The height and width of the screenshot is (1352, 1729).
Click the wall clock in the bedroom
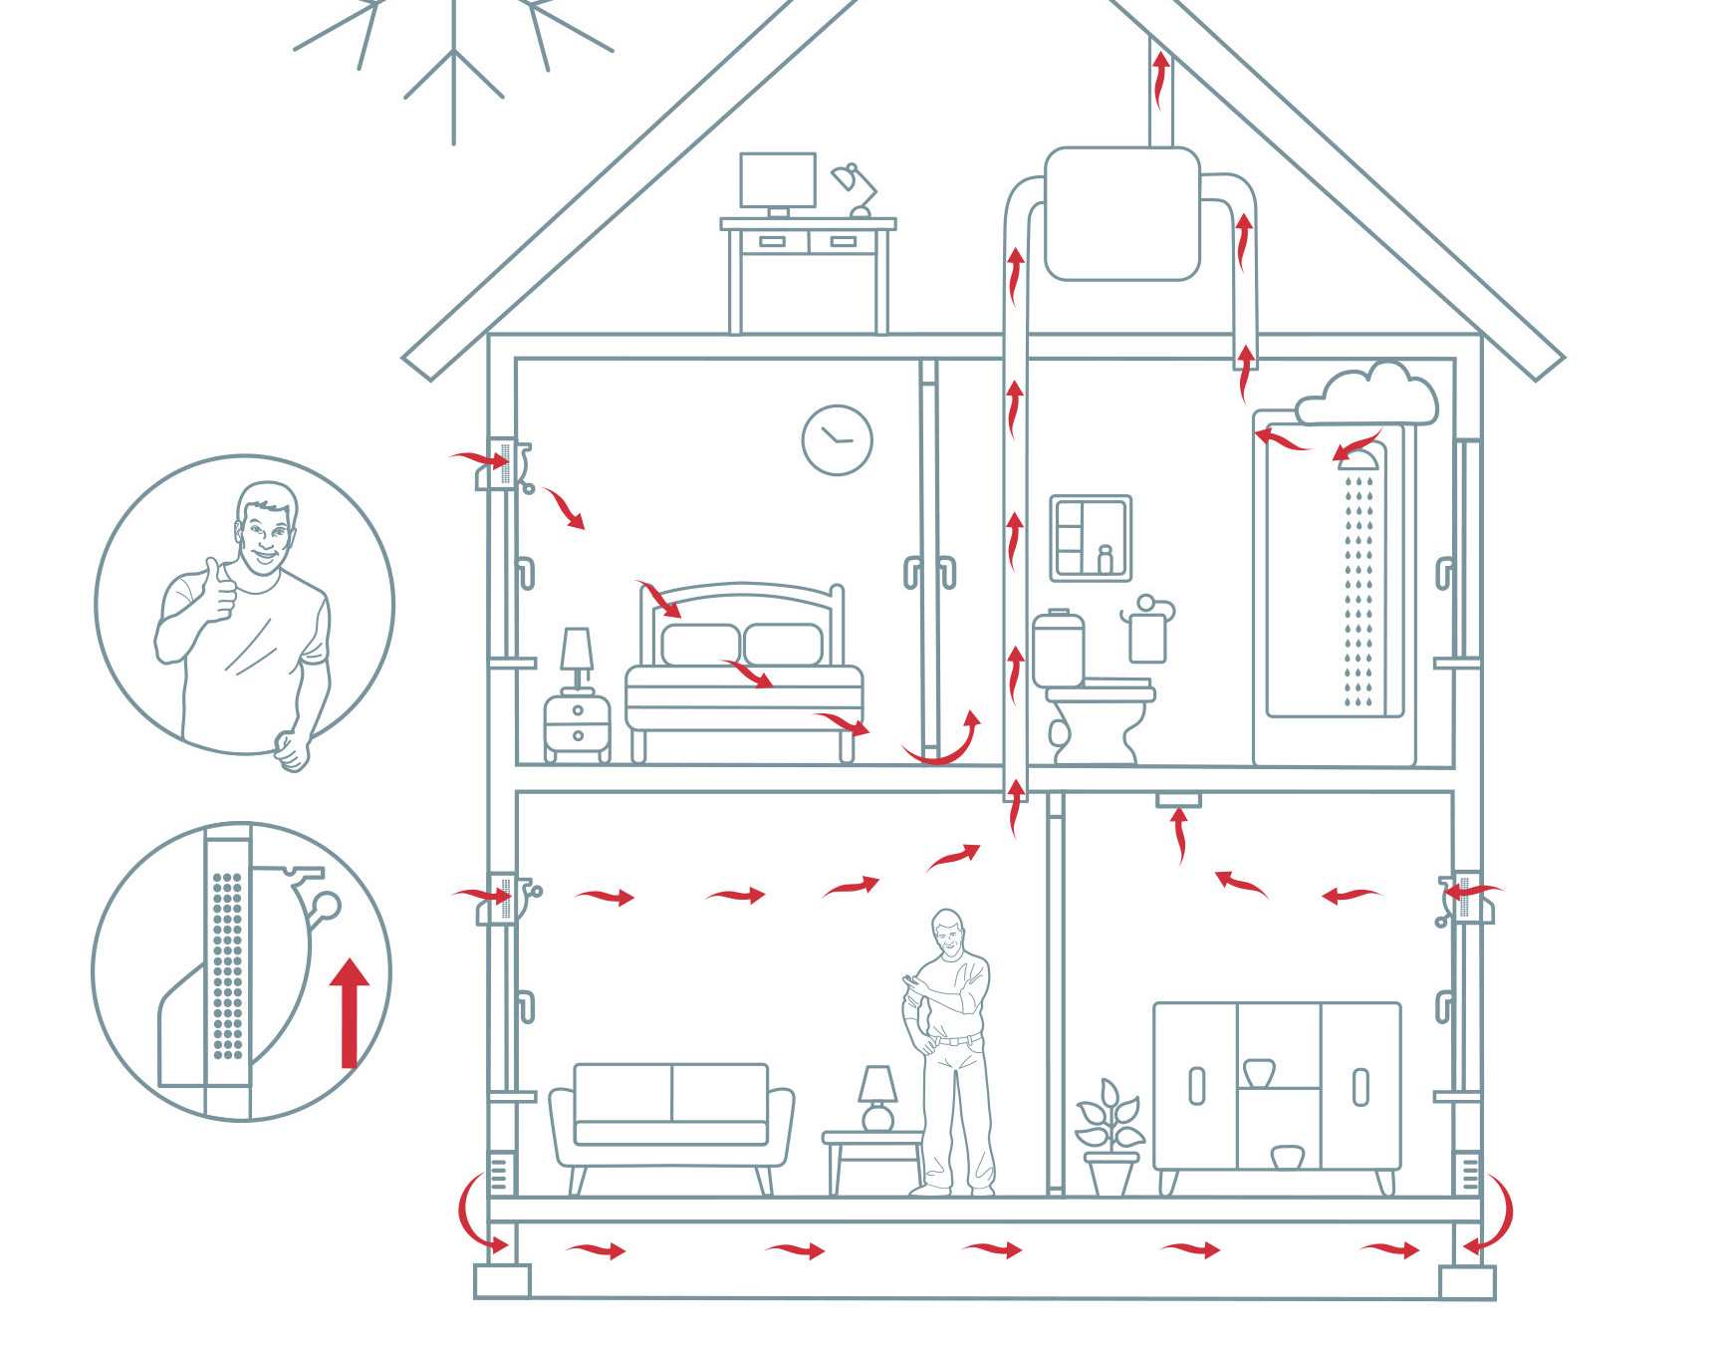coord(837,439)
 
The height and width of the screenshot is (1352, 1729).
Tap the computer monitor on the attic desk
coord(778,180)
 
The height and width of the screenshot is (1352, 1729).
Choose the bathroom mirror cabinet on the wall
coord(1091,538)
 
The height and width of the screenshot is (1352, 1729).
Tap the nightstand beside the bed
coord(577,725)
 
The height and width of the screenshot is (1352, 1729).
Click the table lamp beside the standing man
coord(877,1097)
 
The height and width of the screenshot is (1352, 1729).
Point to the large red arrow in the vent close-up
coord(349,1012)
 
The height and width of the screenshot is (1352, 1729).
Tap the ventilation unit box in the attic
coord(1121,213)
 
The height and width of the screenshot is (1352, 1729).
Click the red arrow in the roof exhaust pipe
coord(1160,80)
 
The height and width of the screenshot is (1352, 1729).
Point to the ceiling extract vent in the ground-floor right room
coord(1178,799)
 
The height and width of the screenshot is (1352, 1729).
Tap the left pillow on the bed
coord(700,644)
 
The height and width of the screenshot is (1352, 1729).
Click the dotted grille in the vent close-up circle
coord(228,965)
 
